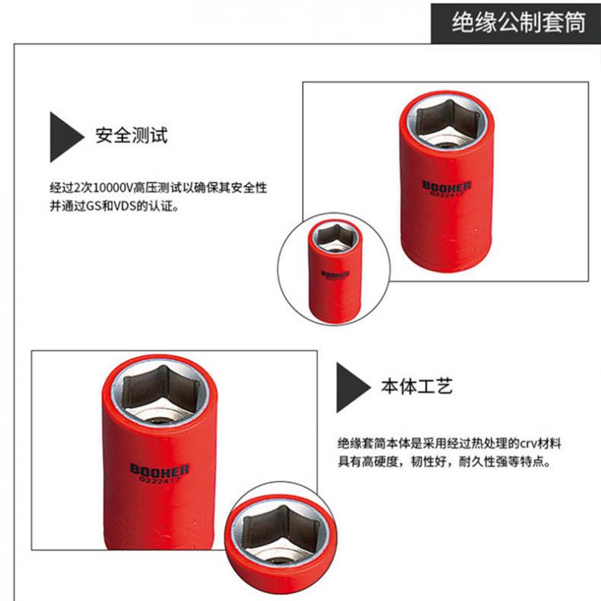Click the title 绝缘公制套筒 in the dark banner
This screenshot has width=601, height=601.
tap(519, 22)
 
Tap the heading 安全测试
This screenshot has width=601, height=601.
tap(132, 135)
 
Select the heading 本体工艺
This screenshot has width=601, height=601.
tap(417, 386)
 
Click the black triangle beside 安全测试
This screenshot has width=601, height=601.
tap(66, 137)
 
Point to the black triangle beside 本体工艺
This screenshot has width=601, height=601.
tap(352, 387)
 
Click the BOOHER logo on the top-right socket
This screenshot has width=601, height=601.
tap(447, 186)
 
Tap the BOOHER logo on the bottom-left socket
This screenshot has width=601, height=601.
tap(160, 470)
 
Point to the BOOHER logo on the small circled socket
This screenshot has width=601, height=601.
tap(335, 274)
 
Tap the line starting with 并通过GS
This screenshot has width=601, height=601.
tap(115, 206)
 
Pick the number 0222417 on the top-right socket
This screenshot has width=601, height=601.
tap(447, 194)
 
